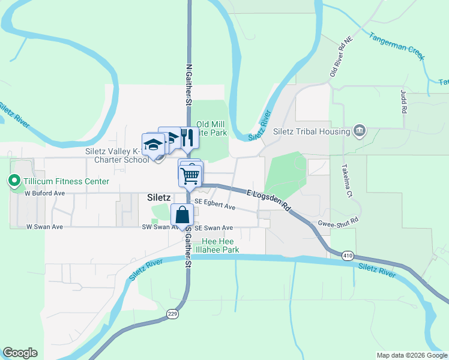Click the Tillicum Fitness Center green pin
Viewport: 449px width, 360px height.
14,181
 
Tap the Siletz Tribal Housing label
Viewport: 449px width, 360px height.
311,131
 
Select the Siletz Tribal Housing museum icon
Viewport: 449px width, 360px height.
360,131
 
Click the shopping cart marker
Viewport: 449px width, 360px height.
190,175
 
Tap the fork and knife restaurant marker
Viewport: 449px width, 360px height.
188,138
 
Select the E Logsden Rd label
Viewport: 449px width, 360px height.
269,200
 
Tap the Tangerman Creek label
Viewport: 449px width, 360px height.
397,46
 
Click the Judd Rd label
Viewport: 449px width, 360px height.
403,101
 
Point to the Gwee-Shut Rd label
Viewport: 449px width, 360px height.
337,221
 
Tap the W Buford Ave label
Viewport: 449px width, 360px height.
44,194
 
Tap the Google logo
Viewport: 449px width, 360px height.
20,353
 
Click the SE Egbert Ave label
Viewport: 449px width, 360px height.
214,205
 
